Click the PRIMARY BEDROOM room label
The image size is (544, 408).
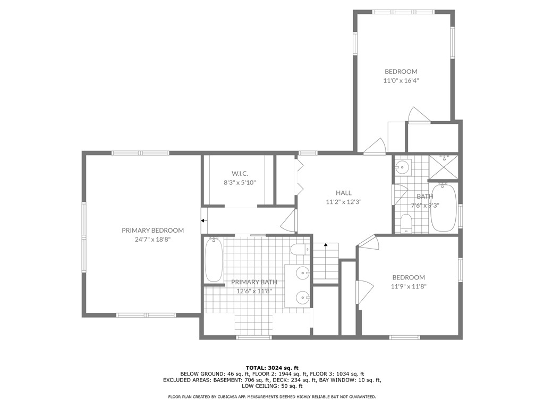152,230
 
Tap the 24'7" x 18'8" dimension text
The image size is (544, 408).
152,239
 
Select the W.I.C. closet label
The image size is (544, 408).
240,174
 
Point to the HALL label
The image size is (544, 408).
343,193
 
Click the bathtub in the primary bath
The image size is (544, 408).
214,260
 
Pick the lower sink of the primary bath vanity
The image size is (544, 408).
302,296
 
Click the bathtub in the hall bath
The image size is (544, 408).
443,207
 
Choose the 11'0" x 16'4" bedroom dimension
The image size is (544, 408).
401,81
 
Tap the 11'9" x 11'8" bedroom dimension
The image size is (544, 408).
409,286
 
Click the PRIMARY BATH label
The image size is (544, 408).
254,282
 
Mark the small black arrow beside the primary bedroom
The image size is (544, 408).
203,220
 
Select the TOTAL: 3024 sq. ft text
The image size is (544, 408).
272,368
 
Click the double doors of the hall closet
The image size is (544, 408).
300,177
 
